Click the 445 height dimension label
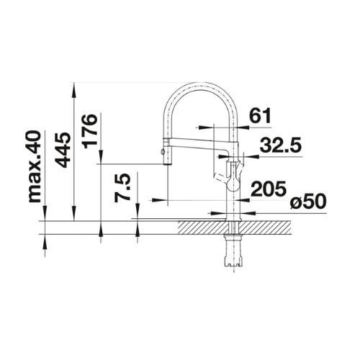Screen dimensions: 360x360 pyautogui.click(x=63, y=150)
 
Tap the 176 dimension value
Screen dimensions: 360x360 pyautogui.click(x=90, y=131)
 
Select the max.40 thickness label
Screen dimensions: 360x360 pyautogui.click(x=34, y=167)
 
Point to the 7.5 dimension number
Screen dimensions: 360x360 pyautogui.click(x=122, y=188)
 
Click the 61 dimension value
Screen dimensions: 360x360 pyautogui.click(x=260, y=115)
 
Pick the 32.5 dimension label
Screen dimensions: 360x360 pyautogui.click(x=280, y=145)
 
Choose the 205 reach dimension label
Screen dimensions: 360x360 pyautogui.click(x=269, y=188)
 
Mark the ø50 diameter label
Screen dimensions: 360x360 pyautogui.click(x=308, y=201)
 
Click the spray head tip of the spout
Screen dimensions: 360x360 pyautogui.click(x=167, y=163)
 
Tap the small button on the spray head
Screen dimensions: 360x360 pyautogui.click(x=163, y=151)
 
